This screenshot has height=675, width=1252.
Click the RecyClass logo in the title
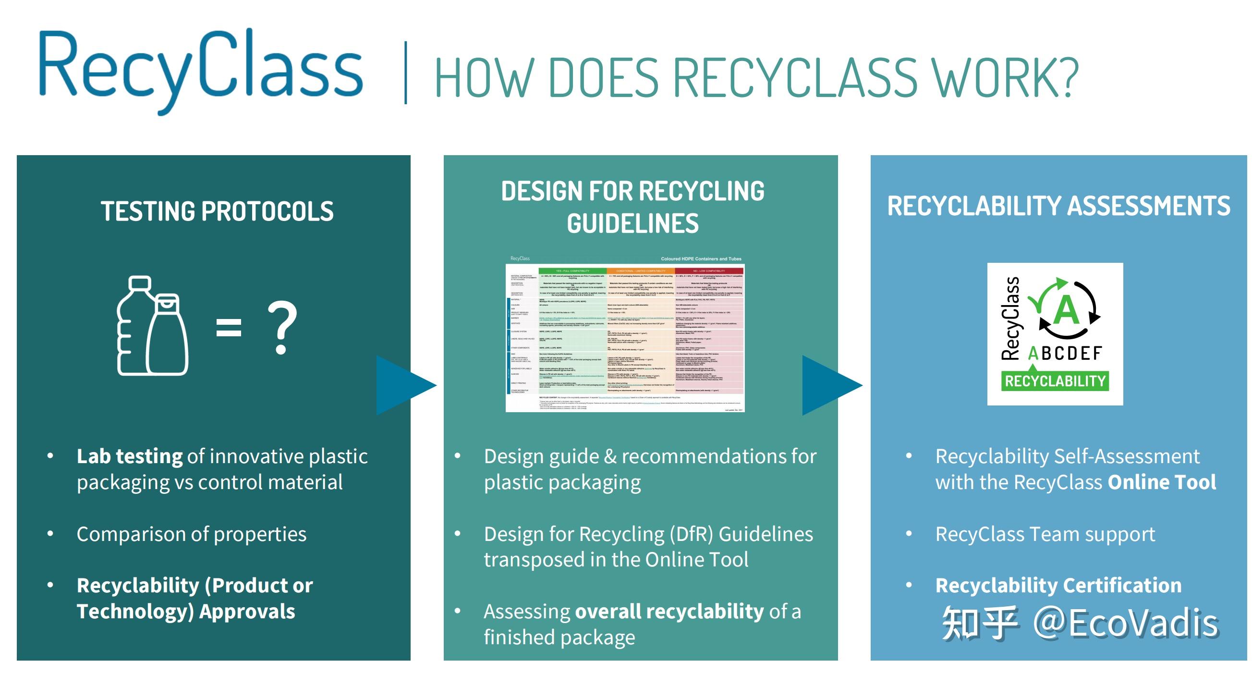click(x=200, y=68)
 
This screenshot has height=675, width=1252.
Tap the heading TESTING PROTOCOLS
click(x=217, y=211)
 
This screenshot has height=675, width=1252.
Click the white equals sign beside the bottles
click(x=229, y=327)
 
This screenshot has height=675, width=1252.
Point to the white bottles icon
click(x=152, y=326)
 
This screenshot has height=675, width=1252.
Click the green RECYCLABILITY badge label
click(x=1055, y=381)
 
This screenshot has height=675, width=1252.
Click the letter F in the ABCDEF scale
click(x=1096, y=354)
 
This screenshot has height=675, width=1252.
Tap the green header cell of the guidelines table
click(x=572, y=271)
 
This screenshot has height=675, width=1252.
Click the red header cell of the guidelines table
click(x=709, y=271)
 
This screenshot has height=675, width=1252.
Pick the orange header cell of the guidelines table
click(x=641, y=271)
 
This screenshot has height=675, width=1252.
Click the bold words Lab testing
click(x=129, y=456)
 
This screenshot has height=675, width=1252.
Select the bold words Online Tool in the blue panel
click(x=1162, y=482)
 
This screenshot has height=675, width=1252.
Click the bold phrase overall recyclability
click(x=669, y=611)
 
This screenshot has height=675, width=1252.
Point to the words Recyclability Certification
click(x=1058, y=585)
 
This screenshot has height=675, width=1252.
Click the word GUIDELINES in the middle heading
click(x=632, y=224)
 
